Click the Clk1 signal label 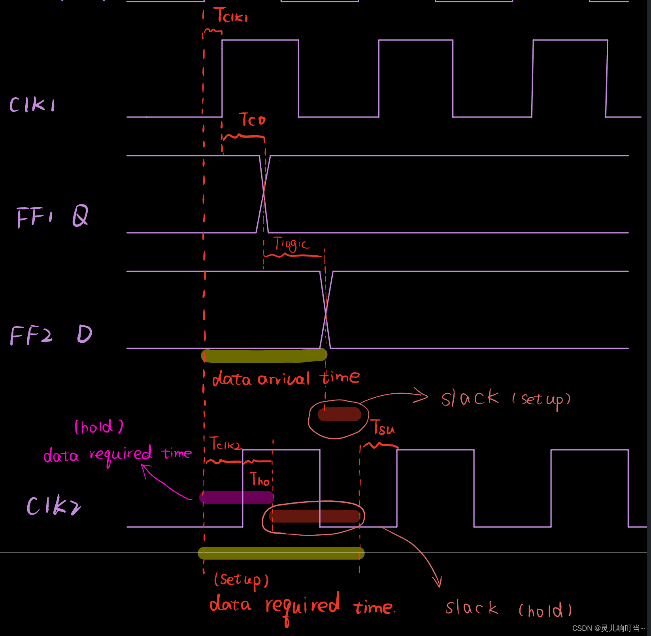pos(32,105)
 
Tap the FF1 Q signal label pos(52,216)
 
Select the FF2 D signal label pos(51,335)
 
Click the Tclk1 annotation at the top pos(231,16)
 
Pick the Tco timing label pos(252,120)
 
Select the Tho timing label pos(260,479)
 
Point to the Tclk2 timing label pos(225,444)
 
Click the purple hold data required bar pos(237,497)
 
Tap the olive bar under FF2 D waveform pos(264,356)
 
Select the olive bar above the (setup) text pos(281,553)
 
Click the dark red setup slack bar pos(339,414)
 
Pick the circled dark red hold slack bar pos(315,516)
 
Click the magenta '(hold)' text pos(99,427)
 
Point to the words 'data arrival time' pos(286,378)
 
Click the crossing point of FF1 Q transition pos(264,192)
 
